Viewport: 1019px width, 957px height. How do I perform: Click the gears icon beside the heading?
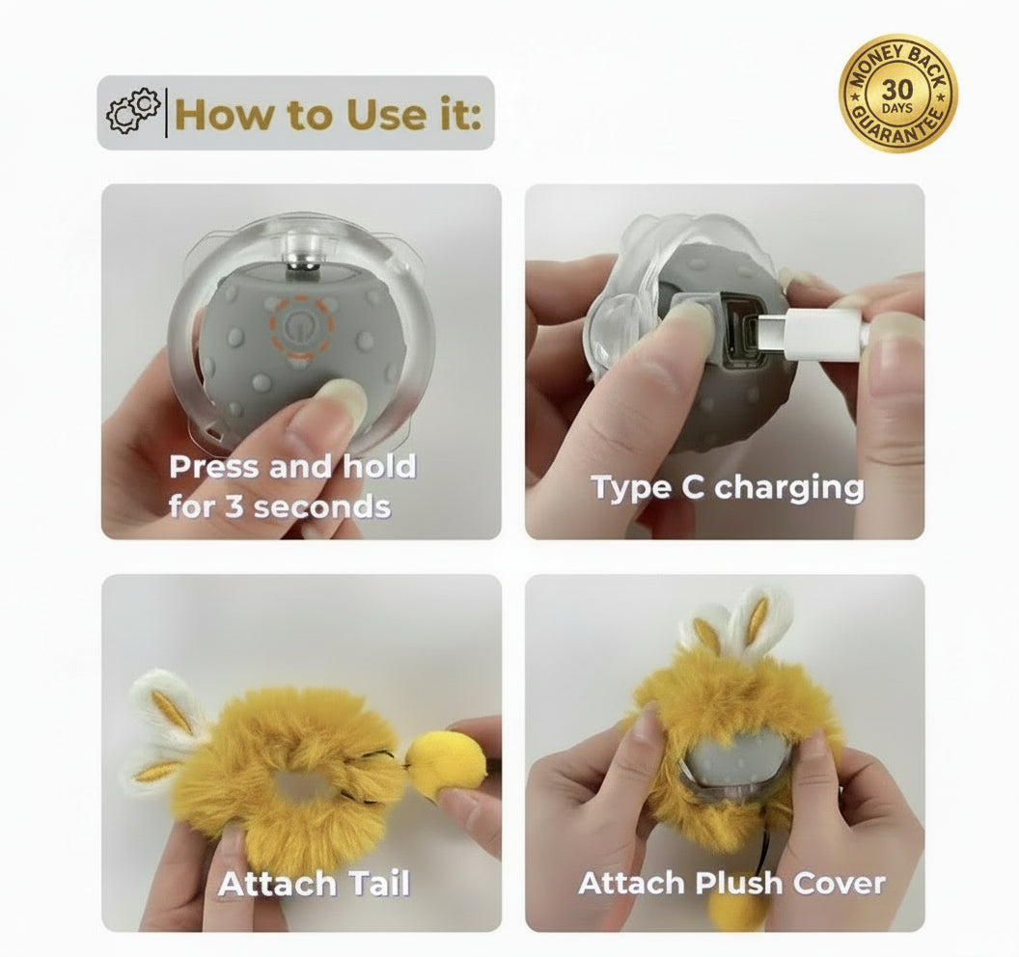click(x=132, y=112)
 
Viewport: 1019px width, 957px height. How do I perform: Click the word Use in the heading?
click(x=379, y=115)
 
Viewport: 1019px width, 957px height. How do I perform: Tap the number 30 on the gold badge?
click(x=897, y=89)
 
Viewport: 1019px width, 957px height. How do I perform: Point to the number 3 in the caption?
click(x=234, y=506)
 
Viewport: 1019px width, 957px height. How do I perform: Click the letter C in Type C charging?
click(x=693, y=487)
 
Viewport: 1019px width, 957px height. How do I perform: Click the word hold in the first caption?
click(x=380, y=467)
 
